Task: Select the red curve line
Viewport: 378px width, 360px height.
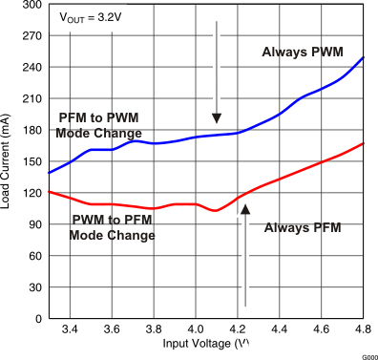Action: coord(286,177)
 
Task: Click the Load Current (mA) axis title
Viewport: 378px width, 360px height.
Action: coord(9,160)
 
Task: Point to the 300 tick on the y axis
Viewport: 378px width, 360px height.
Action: coord(31,5)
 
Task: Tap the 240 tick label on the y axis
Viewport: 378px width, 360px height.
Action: coord(31,68)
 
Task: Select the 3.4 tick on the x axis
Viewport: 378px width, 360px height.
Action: coord(71,330)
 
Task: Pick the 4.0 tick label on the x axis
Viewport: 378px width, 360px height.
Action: coord(196,330)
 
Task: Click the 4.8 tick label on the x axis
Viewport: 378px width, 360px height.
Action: coord(363,330)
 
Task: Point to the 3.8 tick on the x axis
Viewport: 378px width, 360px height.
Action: coord(154,330)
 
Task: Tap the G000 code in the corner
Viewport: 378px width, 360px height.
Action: coord(368,354)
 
